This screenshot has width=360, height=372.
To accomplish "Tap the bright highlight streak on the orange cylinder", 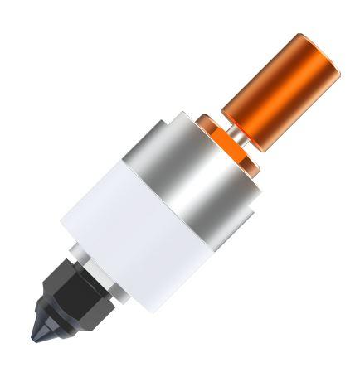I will pyautogui.click(x=274, y=83).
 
